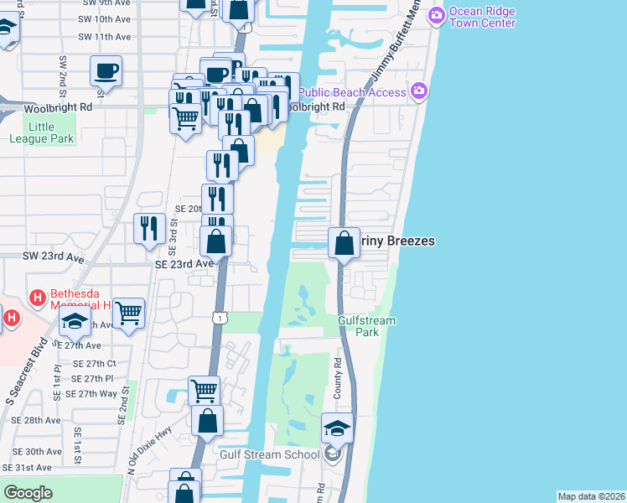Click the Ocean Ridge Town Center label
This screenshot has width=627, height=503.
point(482,17)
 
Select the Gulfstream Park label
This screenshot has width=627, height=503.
point(366,326)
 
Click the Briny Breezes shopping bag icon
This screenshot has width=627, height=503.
point(344,243)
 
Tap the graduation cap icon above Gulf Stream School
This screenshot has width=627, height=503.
point(337,428)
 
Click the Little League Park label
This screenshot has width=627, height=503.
point(51,132)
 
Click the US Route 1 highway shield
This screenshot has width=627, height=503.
point(218,318)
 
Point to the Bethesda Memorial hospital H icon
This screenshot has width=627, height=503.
point(36,297)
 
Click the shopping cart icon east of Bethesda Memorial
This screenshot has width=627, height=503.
point(128,314)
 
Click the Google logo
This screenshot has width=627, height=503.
point(28,493)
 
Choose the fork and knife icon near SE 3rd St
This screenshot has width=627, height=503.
point(149,228)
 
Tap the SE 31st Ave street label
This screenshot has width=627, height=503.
point(28,467)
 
